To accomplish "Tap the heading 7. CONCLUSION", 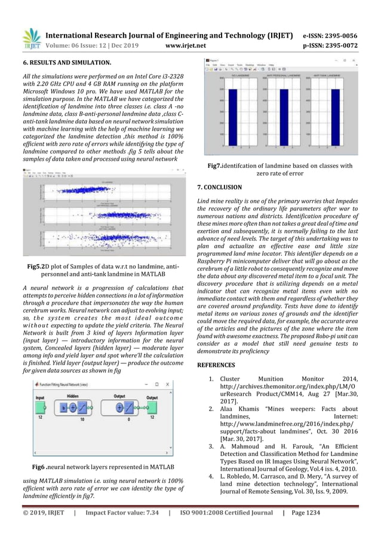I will tap(219, 187).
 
